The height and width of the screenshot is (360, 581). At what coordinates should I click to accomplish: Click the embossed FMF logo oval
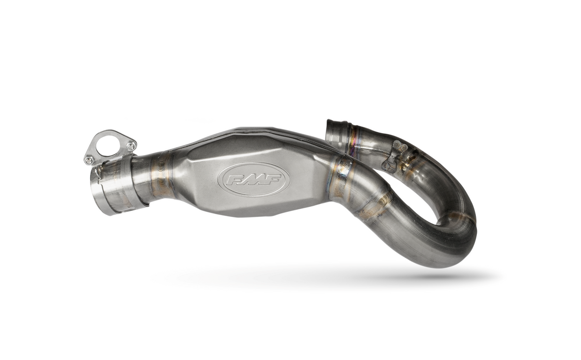coord(253,179)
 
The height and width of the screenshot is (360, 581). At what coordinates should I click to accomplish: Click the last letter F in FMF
coord(274,180)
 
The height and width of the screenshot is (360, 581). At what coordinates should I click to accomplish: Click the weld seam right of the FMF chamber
coord(343,176)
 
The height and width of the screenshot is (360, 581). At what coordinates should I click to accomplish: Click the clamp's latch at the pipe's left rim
coord(98,172)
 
